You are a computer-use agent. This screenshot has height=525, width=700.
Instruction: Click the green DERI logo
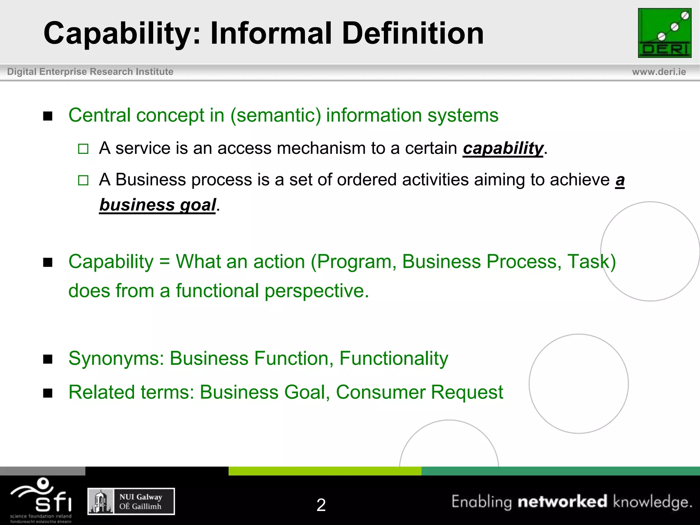(x=664, y=33)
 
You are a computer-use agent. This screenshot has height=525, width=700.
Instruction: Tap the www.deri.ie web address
(x=659, y=72)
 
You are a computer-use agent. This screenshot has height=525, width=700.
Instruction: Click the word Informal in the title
(x=271, y=33)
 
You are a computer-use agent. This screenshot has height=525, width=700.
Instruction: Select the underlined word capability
(x=503, y=148)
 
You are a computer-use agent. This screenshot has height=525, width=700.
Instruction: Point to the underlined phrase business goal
(x=158, y=205)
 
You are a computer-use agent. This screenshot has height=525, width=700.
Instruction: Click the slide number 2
(x=321, y=505)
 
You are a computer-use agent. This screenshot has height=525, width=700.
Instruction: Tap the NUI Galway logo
(x=131, y=501)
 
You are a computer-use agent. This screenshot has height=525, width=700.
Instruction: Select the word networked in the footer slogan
(x=562, y=501)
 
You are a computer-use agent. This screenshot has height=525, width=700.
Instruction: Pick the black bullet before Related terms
(x=48, y=393)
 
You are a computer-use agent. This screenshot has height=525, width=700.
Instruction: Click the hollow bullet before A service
(x=83, y=149)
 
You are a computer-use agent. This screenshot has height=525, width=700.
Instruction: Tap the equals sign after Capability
(x=164, y=262)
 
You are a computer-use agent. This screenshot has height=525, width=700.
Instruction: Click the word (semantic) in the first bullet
(x=275, y=115)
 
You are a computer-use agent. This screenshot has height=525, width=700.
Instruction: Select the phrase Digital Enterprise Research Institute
(x=90, y=72)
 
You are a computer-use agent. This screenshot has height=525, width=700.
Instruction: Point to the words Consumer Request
(x=419, y=392)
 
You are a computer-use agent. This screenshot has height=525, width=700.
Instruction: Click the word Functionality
(x=393, y=359)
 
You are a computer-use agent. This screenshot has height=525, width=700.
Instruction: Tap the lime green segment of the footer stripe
(x=325, y=471)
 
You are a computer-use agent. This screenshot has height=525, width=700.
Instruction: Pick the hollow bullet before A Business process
(x=83, y=180)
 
